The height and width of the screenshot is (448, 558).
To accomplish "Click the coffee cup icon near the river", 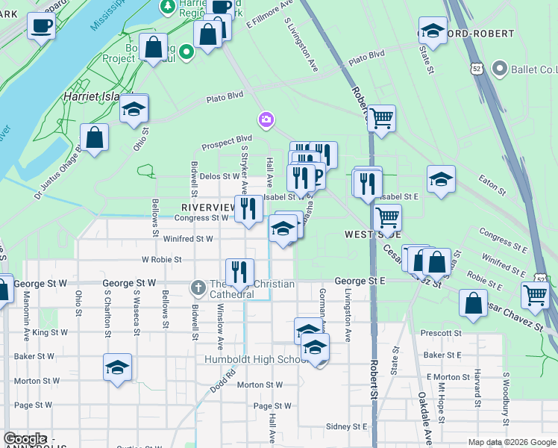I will (41, 26).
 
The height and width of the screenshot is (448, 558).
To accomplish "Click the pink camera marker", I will (266, 119).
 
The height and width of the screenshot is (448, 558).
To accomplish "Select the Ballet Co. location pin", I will (500, 70).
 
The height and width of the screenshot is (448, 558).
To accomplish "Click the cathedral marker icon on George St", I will (198, 287).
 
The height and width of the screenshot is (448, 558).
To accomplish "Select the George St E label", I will (360, 281).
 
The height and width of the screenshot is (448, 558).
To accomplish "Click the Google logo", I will (25, 439).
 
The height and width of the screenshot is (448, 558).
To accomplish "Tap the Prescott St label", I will (441, 333).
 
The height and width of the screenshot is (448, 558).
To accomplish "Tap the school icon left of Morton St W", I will (117, 367).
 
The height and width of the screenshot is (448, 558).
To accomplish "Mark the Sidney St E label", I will (347, 426).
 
